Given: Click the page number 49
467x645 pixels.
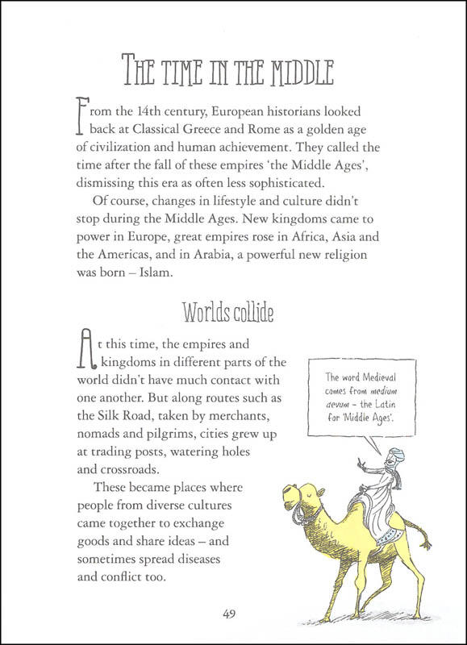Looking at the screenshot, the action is pos(232,614).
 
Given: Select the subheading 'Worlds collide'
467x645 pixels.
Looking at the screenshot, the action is pos(234,311).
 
